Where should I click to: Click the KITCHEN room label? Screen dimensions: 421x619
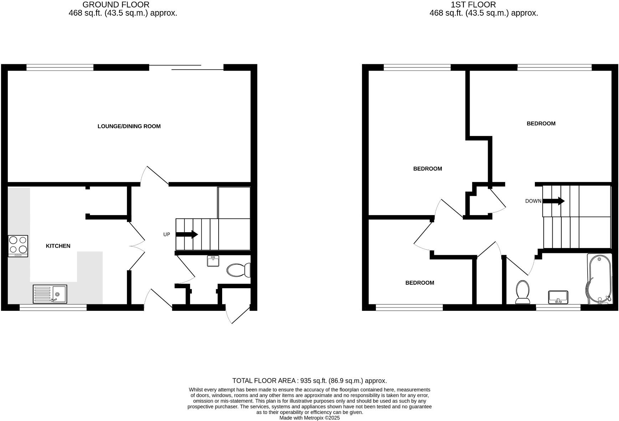coord(58,246)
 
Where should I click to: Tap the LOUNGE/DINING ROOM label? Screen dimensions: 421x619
coord(129,126)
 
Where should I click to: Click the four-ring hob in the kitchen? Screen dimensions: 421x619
coord(18,246)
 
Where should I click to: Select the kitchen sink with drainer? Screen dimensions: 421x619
coord(50,294)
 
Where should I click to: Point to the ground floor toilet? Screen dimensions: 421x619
coord(239,270)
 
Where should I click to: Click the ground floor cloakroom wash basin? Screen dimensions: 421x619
coord(213,261)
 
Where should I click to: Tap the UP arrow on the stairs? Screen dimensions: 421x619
coord(187,234)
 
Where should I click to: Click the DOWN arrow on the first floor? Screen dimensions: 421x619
coord(553,201)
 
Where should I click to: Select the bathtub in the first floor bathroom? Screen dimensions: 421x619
coord(599,279)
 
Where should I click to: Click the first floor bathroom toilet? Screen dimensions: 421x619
coord(523,292)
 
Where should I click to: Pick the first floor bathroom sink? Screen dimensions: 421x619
coord(558,297)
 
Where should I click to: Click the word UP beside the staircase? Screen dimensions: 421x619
coord(167,234)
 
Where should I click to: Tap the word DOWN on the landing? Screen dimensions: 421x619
coord(533,201)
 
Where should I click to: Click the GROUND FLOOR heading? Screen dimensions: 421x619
coord(116,5)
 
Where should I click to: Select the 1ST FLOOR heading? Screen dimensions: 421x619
coord(473,5)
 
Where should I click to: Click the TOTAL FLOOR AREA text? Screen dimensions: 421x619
coord(309,381)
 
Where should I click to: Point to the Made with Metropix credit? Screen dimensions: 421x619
coord(309,418)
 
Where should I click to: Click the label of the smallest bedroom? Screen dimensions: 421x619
coord(420,283)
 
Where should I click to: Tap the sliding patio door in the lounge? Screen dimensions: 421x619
coord(186,67)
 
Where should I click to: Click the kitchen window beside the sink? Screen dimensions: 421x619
coord(53,307)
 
